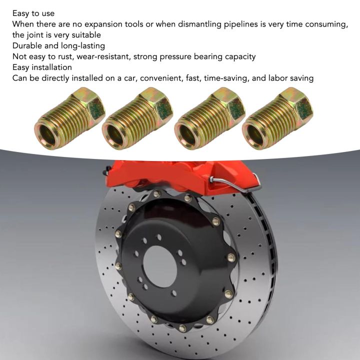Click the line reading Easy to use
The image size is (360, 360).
coord(33,13)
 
